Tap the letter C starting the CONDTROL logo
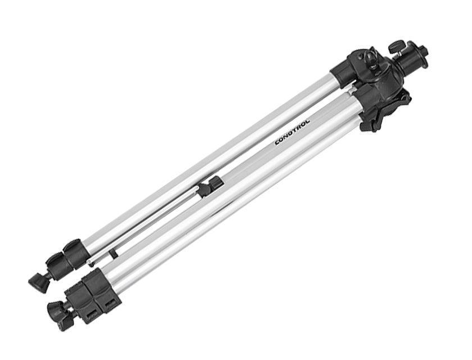click(x=278, y=142)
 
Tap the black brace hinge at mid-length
click(x=211, y=187)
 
